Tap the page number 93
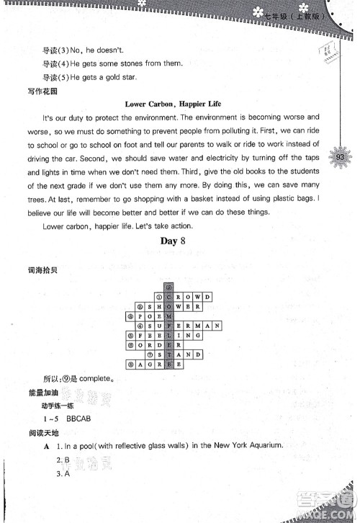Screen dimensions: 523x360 (342, 156)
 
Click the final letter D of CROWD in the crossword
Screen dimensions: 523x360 (207, 296)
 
